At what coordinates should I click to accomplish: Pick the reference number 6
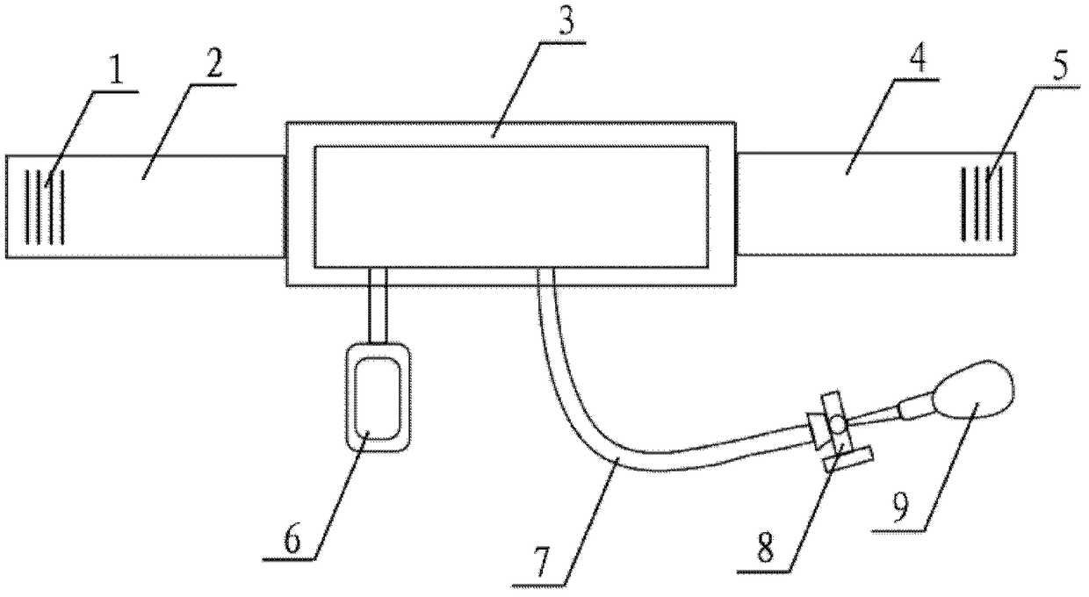pyautogui.click(x=292, y=540)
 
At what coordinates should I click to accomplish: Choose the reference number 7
pyautogui.click(x=542, y=564)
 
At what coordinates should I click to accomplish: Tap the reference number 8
pyautogui.click(x=766, y=550)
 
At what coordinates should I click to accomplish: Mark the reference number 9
pyautogui.click(x=900, y=509)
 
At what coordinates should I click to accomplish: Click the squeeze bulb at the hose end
pyautogui.click(x=975, y=390)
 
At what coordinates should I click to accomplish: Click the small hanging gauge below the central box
pyautogui.click(x=379, y=398)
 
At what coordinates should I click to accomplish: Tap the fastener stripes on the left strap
pyautogui.click(x=46, y=206)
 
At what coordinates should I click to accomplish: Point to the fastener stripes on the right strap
pyautogui.click(x=981, y=203)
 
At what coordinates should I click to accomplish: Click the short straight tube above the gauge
pyautogui.click(x=378, y=306)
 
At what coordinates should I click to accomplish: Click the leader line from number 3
pyautogui.click(x=516, y=89)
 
